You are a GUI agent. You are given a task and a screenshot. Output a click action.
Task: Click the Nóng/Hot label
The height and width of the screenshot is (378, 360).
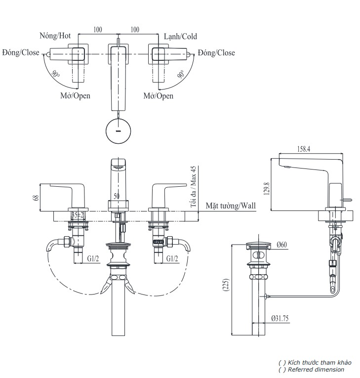pos(55,36)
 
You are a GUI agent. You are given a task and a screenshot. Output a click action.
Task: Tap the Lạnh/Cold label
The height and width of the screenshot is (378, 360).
pos(180,37)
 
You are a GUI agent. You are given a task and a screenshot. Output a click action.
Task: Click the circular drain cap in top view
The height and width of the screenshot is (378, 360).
pos(119,130)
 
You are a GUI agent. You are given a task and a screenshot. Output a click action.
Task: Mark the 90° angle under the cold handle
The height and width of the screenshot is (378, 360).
pos(181,75)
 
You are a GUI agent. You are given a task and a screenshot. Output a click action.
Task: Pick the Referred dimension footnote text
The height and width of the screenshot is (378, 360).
pos(312,369)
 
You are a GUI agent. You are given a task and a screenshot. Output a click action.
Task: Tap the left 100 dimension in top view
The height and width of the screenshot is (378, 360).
pos(98,30)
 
